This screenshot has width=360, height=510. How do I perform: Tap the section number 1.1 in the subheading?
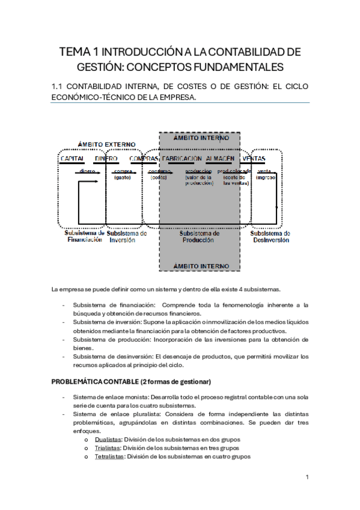click(59, 87)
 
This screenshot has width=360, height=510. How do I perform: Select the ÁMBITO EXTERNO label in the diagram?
click(107, 145)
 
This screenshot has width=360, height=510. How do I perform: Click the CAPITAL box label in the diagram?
click(72, 158)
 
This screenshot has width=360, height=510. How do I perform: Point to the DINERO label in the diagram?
click(106, 158)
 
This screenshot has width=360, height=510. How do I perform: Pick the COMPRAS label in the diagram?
click(144, 158)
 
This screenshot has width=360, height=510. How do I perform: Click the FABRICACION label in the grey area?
click(182, 158)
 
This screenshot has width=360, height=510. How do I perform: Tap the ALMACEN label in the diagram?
click(219, 158)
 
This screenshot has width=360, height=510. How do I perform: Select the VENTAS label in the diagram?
click(254, 158)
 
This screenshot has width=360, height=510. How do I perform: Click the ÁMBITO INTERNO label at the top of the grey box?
click(201, 138)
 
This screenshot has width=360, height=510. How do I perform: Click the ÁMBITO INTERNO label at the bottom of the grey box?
click(201, 265)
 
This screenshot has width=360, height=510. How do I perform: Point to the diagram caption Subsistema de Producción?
click(200, 236)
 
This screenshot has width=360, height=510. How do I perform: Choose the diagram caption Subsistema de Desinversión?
click(270, 236)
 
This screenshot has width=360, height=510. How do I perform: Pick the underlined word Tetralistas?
click(109, 456)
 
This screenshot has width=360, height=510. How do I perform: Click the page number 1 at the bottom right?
click(307, 477)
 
